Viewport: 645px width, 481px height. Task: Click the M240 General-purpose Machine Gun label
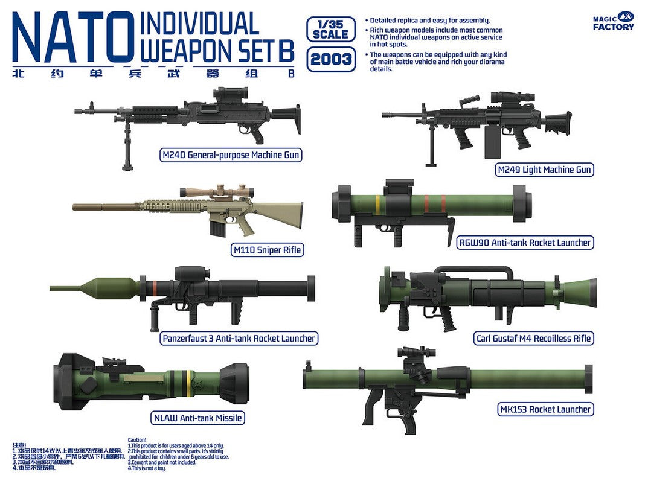point(231,155)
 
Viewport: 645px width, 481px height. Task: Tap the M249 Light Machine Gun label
point(544,170)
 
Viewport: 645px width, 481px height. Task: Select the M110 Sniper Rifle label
point(266,249)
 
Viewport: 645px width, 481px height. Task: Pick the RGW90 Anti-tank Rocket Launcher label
point(524,243)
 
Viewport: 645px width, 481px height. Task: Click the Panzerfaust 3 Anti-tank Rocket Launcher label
point(239,338)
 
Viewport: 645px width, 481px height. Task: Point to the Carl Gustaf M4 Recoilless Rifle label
point(533,338)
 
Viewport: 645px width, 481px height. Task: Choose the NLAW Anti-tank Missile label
point(197,418)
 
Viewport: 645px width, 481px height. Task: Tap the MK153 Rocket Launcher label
point(545,409)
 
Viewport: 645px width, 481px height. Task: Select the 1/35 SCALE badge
point(330,29)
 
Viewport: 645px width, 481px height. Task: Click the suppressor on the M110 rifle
point(103,207)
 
